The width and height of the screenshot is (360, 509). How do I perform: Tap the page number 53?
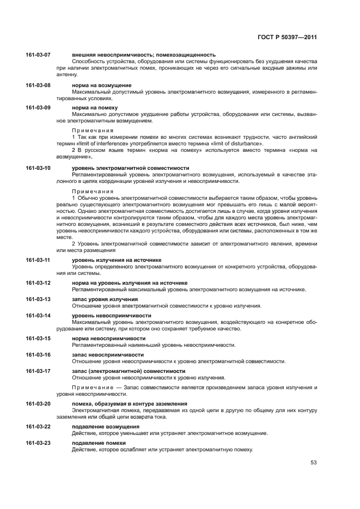point(313,463)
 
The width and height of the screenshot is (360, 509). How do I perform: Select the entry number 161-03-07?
point(38,55)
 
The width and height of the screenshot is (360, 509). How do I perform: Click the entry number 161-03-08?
point(38,85)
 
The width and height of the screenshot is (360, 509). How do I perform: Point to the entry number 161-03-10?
point(38,168)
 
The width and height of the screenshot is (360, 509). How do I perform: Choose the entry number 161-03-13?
point(38,299)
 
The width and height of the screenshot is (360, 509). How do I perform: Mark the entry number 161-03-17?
point(38,371)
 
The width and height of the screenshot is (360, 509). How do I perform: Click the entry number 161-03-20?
point(38,404)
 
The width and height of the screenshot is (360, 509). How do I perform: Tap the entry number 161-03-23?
point(38,443)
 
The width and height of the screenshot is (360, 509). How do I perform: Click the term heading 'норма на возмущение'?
point(101,85)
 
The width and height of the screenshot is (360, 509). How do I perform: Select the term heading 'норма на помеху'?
point(95,108)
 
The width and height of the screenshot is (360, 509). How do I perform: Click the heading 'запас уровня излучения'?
point(105,299)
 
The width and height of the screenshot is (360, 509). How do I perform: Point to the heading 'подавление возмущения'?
point(106,426)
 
